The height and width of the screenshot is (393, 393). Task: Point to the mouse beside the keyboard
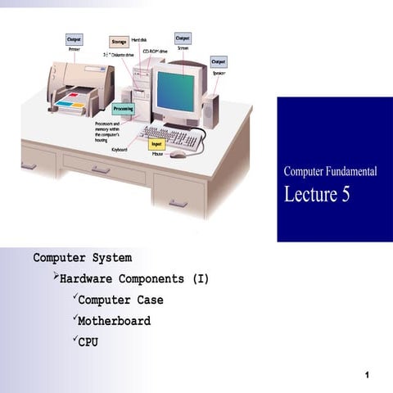coord(178,154)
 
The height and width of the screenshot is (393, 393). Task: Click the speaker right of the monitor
coord(211,110)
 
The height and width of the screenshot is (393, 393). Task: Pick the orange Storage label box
coord(118,41)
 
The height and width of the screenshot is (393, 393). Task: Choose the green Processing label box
coord(123,108)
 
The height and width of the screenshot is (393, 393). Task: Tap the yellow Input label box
coord(158,144)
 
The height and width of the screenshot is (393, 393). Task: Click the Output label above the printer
coord(75,38)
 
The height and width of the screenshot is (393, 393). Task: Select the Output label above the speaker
coord(219,61)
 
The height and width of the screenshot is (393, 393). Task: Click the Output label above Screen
coord(183,38)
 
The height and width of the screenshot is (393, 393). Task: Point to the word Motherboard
coord(114,321)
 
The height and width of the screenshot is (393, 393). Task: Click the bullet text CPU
coord(88,342)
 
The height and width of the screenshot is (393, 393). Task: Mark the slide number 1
coord(369,375)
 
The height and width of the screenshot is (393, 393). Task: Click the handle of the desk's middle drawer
coord(101,170)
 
